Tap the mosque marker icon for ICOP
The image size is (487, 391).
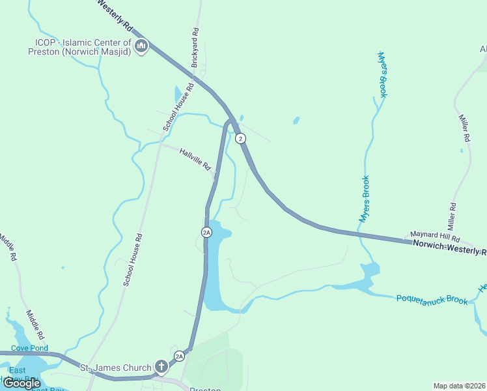[x=141, y=46]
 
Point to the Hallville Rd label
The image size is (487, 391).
[x=195, y=158]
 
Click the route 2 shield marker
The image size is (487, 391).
[x=240, y=138]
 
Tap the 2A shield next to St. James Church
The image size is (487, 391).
[x=179, y=356]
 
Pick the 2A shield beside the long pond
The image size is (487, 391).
[x=206, y=232]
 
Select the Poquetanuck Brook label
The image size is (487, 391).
[x=432, y=299]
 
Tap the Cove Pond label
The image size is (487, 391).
[x=30, y=348]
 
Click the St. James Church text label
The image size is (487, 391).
[x=116, y=368]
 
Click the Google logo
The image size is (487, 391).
[x=22, y=383]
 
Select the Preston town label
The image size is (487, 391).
[x=205, y=389]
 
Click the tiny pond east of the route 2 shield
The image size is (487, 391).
[x=296, y=121]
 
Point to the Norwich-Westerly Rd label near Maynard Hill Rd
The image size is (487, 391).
[x=449, y=247]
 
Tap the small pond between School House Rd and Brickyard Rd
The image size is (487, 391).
[x=178, y=94]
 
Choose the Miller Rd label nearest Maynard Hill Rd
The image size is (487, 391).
[x=451, y=214]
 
